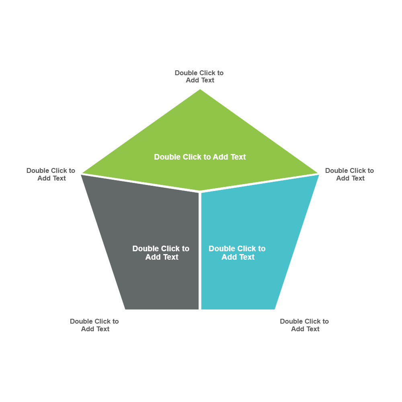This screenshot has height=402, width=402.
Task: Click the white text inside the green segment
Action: click(x=200, y=157)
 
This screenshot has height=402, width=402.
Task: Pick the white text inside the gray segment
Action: click(x=161, y=253)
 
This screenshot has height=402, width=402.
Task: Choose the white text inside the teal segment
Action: click(x=237, y=253)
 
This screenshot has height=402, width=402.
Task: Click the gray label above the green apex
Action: click(x=199, y=76)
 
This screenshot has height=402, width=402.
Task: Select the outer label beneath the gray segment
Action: click(x=94, y=325)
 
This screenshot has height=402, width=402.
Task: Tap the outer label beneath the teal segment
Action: click(x=304, y=325)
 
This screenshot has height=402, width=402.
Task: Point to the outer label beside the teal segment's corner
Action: click(x=349, y=174)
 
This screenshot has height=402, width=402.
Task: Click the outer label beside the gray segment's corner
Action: click(x=51, y=174)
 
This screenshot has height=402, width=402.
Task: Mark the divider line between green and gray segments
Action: click(x=141, y=183)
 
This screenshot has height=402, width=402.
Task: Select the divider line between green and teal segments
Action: click(x=259, y=183)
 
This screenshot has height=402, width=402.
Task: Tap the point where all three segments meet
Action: click(x=200, y=192)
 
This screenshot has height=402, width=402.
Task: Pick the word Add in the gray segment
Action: click(x=152, y=257)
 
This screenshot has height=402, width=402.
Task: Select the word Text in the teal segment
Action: click(x=246, y=257)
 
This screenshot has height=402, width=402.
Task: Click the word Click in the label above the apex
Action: click(x=207, y=73)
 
